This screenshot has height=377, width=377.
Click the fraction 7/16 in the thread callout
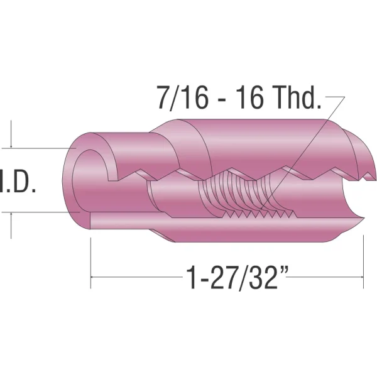tap(183, 98)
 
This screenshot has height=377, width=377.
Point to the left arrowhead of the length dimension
tap(92, 277)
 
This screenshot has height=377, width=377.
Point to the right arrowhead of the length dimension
tap(362, 277)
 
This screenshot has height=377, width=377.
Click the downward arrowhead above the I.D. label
tap(11, 146)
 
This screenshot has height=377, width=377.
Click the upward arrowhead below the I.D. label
tap(11, 214)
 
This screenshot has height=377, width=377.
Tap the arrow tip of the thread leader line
tap(261, 208)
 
